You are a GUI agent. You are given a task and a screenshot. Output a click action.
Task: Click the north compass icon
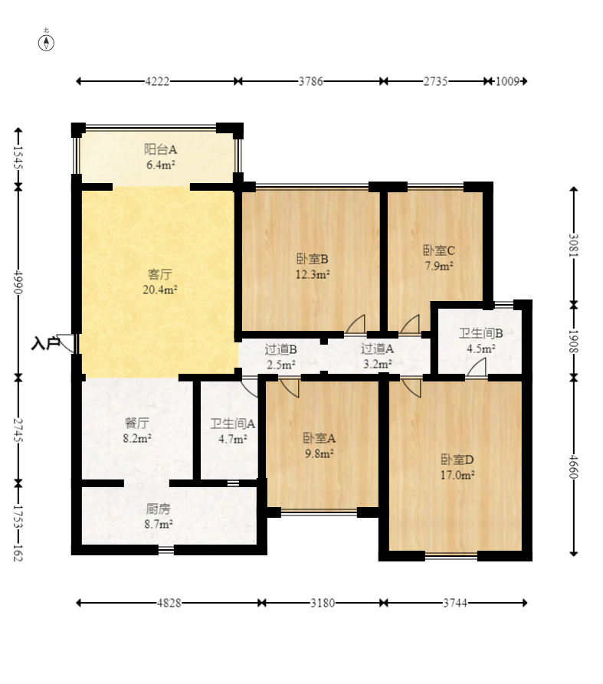coord(46,43)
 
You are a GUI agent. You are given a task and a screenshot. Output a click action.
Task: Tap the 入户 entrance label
coord(45,343)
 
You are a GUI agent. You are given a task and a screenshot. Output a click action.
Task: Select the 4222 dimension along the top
coord(157,81)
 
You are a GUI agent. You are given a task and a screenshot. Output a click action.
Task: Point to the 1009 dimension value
coord(507,81)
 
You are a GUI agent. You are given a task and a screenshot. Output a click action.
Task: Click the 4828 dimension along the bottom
coord(169,603)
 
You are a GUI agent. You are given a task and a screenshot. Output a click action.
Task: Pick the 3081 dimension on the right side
coord(574,246)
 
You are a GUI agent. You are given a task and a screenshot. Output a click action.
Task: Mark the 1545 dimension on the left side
coord(18,157)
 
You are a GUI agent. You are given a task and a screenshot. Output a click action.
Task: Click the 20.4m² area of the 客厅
coord(160,290)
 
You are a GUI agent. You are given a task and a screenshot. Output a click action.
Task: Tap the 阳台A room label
coord(161,149)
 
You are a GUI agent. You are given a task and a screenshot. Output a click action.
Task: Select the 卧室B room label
coord(313,259)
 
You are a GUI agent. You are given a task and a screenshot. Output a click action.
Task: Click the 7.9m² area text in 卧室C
coord(439,266)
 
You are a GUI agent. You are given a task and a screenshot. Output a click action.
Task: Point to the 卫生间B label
coord(481,333)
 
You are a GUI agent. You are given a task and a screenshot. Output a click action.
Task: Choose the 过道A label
coord(378,349)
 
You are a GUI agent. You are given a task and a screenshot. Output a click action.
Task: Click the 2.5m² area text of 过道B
coord(281,365)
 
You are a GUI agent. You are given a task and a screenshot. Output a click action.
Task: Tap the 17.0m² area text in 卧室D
coord(457,475)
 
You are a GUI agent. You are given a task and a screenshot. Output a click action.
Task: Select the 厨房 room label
coord(158,509)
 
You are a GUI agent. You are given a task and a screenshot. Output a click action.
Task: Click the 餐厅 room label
coord(137,423)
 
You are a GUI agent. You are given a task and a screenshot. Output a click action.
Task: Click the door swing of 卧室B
coord(356,325)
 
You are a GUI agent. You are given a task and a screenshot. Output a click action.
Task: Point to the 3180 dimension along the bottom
coord(323,603)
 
